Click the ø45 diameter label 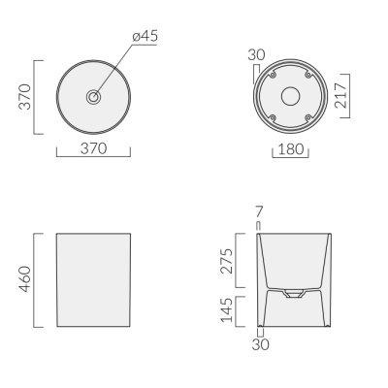(145, 36)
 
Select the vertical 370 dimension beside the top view (25, 97)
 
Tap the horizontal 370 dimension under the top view (93, 148)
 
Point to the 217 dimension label (340, 95)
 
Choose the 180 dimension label (291, 149)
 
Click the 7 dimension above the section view (259, 212)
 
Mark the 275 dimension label (226, 261)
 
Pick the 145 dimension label (226, 310)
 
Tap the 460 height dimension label (25, 279)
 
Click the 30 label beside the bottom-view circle (256, 54)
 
